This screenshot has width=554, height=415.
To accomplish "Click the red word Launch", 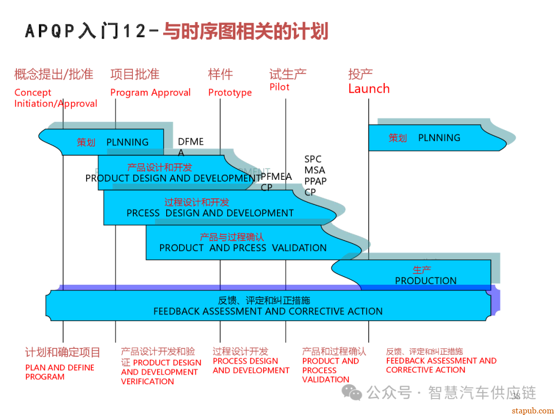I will coord(369,89).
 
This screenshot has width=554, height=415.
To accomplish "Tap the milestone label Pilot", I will coord(280,87).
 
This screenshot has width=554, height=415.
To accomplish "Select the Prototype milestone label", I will coord(230,93).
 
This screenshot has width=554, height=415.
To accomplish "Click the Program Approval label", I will coord(150,93).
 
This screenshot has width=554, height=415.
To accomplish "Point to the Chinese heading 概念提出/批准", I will coord(54,74).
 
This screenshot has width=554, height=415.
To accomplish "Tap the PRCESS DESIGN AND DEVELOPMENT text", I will coord(210,213).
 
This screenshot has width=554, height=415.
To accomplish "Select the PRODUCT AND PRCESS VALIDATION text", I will coord(243,248).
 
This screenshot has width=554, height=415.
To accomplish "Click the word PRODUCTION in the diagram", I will coord(425,281).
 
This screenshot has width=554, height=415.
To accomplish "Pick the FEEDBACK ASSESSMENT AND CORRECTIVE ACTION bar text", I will coord(268,312).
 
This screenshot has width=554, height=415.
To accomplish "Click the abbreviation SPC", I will coord(313,159).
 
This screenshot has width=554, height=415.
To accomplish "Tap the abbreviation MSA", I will coord(314,170).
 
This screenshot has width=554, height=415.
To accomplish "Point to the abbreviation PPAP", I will coord(315,181).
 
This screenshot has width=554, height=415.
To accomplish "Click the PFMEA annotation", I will coord(276,177).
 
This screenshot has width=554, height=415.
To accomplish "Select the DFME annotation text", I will coord(191,142).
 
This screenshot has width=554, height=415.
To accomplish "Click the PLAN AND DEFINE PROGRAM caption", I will coord(60,372).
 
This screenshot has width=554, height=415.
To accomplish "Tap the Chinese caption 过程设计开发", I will coord(240,351).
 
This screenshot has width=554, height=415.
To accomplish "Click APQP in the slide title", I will coord(50,31).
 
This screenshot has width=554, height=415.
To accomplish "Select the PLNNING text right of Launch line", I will coord(439,138).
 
